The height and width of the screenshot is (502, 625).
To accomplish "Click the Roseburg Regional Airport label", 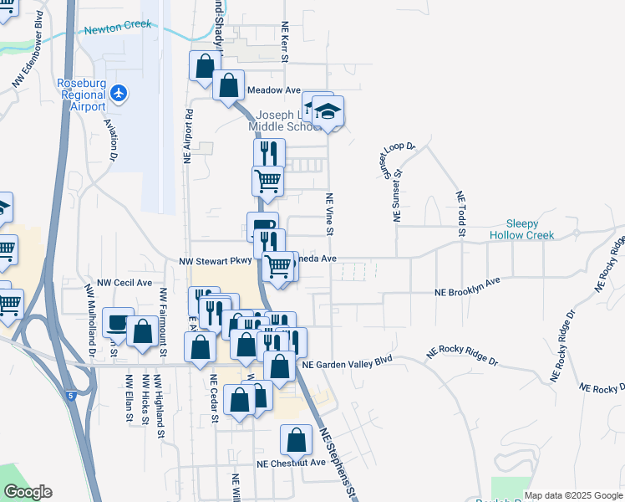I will [81, 95].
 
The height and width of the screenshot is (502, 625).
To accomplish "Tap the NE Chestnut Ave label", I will [291, 463].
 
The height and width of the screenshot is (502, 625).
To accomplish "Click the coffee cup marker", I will [117, 323].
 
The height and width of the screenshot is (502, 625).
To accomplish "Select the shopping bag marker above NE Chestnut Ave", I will [295, 438].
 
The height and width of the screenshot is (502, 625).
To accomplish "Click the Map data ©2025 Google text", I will [573, 495].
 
